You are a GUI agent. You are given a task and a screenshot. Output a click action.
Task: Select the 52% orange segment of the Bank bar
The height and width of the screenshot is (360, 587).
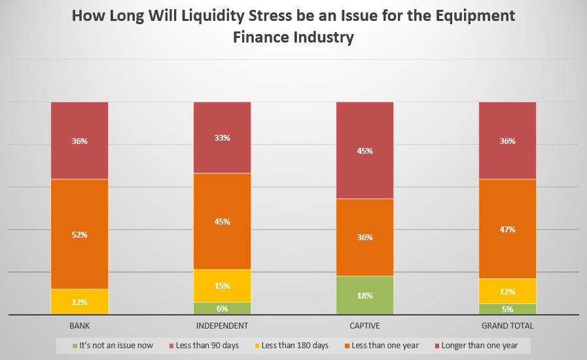click(79, 234)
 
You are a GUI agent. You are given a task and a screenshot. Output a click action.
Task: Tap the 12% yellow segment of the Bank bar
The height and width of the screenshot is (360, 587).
click(79, 302)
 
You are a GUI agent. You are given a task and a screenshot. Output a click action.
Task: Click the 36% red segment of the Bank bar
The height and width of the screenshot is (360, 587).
click(79, 140)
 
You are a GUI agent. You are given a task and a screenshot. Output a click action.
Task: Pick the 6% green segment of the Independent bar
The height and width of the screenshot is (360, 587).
click(222, 308)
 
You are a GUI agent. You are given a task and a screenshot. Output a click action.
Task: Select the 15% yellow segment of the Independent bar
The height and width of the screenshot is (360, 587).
click(222, 285)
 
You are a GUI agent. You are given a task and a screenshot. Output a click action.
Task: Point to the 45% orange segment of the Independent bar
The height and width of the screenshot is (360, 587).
click(222, 221)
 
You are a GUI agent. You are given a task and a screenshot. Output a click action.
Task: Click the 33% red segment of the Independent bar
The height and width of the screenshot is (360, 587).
click(222, 137)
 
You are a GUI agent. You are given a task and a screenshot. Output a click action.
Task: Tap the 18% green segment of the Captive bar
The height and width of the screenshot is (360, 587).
click(365, 295)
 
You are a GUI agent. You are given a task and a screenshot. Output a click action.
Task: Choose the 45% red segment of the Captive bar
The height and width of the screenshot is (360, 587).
click(365, 150)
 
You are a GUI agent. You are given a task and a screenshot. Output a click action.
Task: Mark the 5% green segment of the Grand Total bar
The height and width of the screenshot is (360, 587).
click(507, 309)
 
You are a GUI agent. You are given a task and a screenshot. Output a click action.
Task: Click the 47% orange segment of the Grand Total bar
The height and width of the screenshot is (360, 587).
click(507, 229)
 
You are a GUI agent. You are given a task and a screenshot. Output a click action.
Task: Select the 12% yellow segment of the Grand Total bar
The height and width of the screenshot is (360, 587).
click(507, 291)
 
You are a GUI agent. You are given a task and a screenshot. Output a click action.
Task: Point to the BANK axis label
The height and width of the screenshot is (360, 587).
click(79, 325)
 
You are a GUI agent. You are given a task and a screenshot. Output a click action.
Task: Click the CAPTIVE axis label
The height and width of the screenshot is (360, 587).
click(365, 325)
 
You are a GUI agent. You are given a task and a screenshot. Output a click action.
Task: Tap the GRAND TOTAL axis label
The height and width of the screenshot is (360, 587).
click(507, 325)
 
